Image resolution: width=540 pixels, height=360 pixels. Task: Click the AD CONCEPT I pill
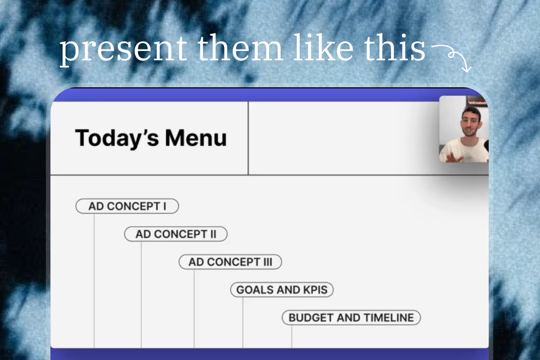tap(127, 206)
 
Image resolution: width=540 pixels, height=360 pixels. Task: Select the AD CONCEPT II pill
tap(176, 234)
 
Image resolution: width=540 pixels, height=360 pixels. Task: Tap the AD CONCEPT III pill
tap(230, 262)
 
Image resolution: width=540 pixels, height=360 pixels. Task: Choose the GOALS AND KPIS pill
tap(282, 290)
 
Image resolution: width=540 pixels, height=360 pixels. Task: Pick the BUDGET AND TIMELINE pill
tap(351, 318)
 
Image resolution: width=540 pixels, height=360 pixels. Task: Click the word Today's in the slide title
tap(117, 138)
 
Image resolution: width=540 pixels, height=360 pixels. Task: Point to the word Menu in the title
tap(196, 138)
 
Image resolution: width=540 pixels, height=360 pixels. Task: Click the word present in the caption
tap(123, 49)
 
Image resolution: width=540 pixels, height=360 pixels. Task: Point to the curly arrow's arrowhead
tap(467, 69)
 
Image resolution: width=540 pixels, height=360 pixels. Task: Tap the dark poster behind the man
tap(477, 101)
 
